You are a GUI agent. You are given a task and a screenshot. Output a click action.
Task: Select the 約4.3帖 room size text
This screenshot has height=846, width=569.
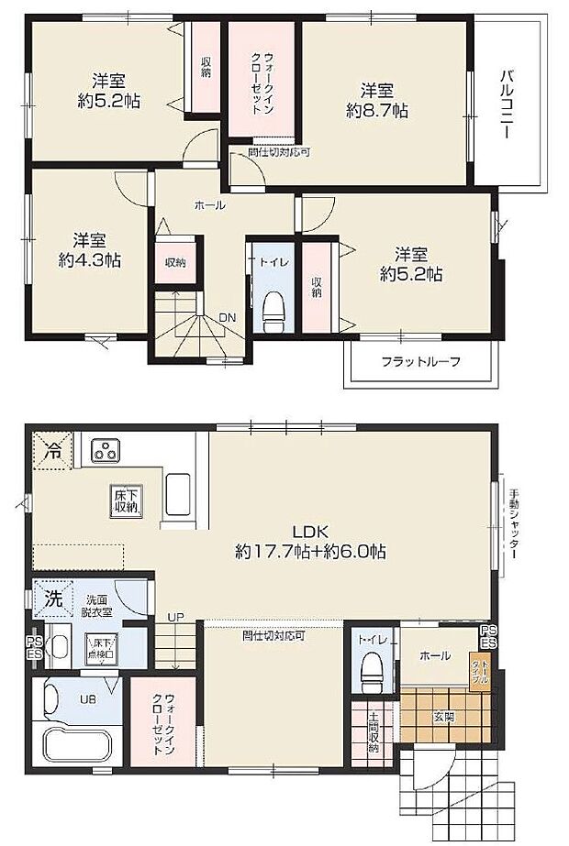tap(89, 260)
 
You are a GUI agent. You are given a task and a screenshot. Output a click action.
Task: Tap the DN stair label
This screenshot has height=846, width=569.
tap(225, 319)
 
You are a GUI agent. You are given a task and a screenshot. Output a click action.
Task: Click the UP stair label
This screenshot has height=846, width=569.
tap(174, 616)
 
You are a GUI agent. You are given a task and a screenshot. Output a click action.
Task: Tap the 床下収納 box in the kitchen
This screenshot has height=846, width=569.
tap(126, 500)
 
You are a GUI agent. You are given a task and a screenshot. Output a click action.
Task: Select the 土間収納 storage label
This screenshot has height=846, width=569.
tap(374, 732)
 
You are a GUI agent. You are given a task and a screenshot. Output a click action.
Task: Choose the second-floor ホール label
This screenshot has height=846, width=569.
tap(209, 206)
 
